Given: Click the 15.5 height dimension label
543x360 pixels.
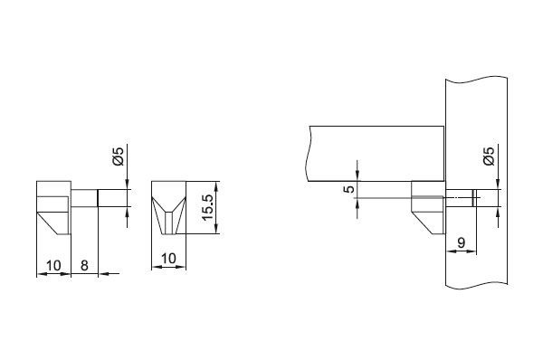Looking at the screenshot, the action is pos(207,207).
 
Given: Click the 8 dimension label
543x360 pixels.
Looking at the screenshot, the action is pos(84,266).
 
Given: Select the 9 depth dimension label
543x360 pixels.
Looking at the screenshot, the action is pos(461,242).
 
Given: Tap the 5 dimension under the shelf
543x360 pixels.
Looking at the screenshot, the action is pos(350,189).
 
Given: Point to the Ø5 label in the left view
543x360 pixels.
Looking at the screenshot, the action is pos(119,156).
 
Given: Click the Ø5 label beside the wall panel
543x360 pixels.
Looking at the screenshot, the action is pos(489,156).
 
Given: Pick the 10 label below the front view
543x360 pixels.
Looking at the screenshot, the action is pos(168,258).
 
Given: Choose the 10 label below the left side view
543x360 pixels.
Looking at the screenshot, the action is pos(53,266).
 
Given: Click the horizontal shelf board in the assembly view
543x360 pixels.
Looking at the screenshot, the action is pos(376,154).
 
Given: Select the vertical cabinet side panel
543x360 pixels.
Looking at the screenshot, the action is pos(477,182).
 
